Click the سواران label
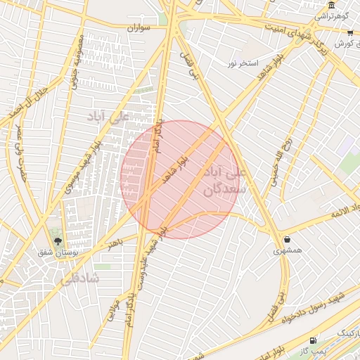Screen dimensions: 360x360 pos(141,27)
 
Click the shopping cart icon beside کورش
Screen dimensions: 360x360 pos(349,33)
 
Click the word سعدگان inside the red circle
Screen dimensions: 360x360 pos(224,188)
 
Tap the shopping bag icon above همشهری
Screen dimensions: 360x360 pos(286,238)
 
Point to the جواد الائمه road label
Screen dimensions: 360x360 pos(337,214)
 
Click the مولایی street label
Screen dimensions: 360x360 pos(112,308)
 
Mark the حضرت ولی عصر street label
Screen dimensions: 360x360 pos(22,145)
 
